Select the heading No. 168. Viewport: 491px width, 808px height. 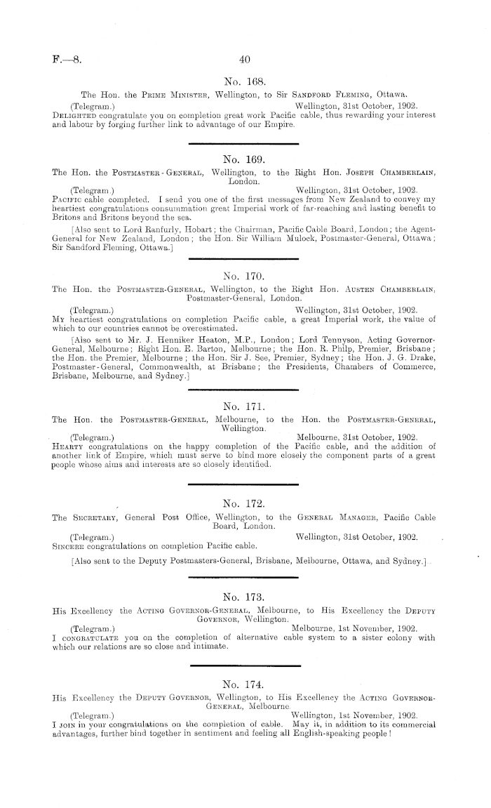pos(245,79)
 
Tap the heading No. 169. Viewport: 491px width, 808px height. pos(245,159)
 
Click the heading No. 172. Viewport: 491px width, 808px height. pos(245,503)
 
